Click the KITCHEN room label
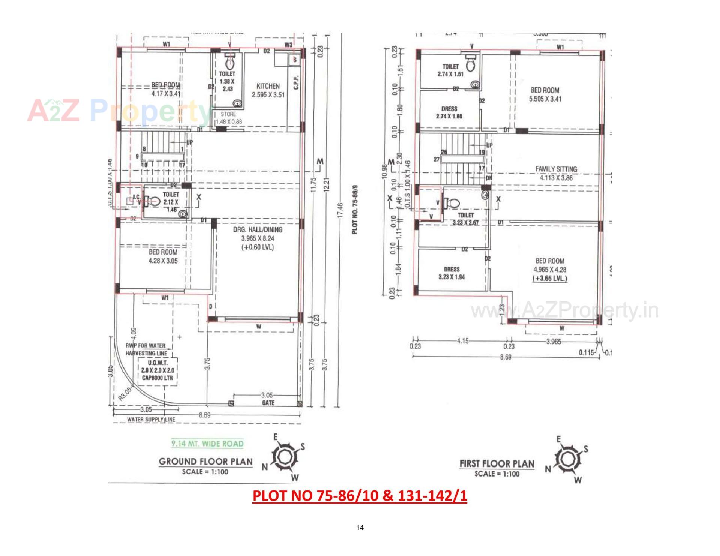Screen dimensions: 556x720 click(x=268, y=86)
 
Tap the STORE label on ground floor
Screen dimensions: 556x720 click(x=228, y=114)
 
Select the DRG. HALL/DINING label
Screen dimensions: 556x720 click(x=258, y=229)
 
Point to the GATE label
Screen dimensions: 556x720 click(x=268, y=403)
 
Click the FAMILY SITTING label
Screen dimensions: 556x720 click(x=556, y=169)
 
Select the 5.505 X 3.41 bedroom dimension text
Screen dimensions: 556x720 click(x=545, y=99)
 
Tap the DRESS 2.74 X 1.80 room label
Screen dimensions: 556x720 click(x=449, y=112)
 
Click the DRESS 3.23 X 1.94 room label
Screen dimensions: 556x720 click(x=451, y=273)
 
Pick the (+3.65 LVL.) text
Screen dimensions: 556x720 click(x=550, y=279)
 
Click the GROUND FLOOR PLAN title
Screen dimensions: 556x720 click(x=205, y=462)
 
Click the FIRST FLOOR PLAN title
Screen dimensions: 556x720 click(x=496, y=464)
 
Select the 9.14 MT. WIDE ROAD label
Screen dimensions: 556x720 click(x=207, y=444)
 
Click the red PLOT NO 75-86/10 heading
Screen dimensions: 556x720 click(x=360, y=496)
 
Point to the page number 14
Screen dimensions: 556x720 click(x=360, y=528)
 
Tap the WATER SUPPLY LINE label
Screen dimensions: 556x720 click(x=151, y=420)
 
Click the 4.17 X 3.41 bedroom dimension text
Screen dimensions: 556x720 click(x=166, y=94)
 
